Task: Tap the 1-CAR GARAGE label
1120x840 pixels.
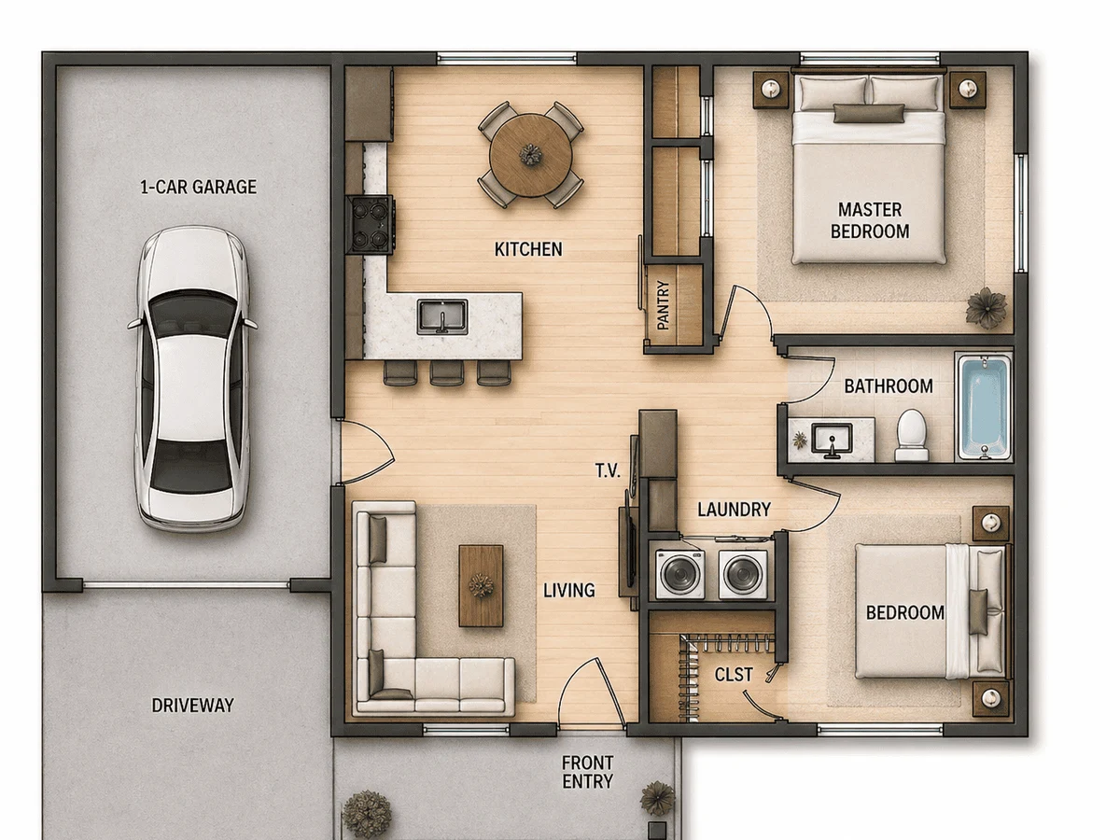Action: coord(198,188)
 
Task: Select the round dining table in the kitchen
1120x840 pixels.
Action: coord(531,155)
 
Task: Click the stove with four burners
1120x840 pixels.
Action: coord(371,225)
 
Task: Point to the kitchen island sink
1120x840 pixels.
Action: coord(442,316)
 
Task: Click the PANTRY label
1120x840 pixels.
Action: coord(663,305)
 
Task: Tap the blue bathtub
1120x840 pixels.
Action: coord(985,408)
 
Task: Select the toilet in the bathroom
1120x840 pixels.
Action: coord(912,436)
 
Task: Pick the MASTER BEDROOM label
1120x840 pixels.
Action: coord(870,220)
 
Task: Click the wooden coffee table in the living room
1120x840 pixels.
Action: coord(481,585)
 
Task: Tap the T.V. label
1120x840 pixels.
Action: coord(608,470)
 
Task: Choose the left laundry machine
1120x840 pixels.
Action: coord(680,574)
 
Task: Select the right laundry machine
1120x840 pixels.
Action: coord(743,574)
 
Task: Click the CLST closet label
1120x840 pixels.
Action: coord(734,675)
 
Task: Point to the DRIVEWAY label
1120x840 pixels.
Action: coord(193,706)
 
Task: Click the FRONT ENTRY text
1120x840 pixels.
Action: coord(587,772)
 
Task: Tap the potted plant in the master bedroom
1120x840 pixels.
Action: coord(987,308)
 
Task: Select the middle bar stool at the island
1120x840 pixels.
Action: coord(446,373)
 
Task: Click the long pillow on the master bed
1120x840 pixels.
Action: coord(869,113)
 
